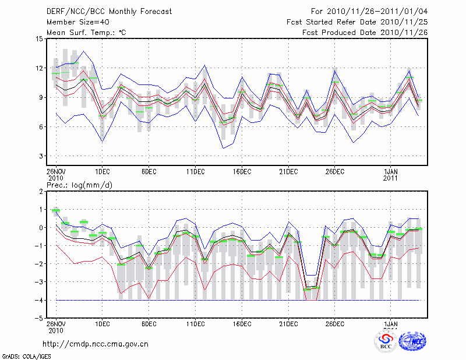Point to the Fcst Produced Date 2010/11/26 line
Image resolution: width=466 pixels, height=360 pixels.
(365, 32)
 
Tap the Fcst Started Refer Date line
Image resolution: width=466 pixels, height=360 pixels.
(357, 22)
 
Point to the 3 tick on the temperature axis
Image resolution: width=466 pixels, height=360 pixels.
(40, 156)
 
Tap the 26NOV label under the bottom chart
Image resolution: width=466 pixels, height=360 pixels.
(56, 323)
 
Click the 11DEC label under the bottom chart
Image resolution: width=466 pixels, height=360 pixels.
(195, 323)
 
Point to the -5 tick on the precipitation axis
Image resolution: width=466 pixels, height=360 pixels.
(38, 318)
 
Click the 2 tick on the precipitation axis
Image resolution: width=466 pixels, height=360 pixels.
(40, 191)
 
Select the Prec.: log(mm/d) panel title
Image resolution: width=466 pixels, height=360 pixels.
(79, 185)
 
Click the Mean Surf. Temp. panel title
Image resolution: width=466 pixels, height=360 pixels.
(87, 32)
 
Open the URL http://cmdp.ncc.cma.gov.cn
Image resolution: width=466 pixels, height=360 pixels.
(96, 344)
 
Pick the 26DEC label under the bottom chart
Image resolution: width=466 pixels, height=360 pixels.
(334, 323)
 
